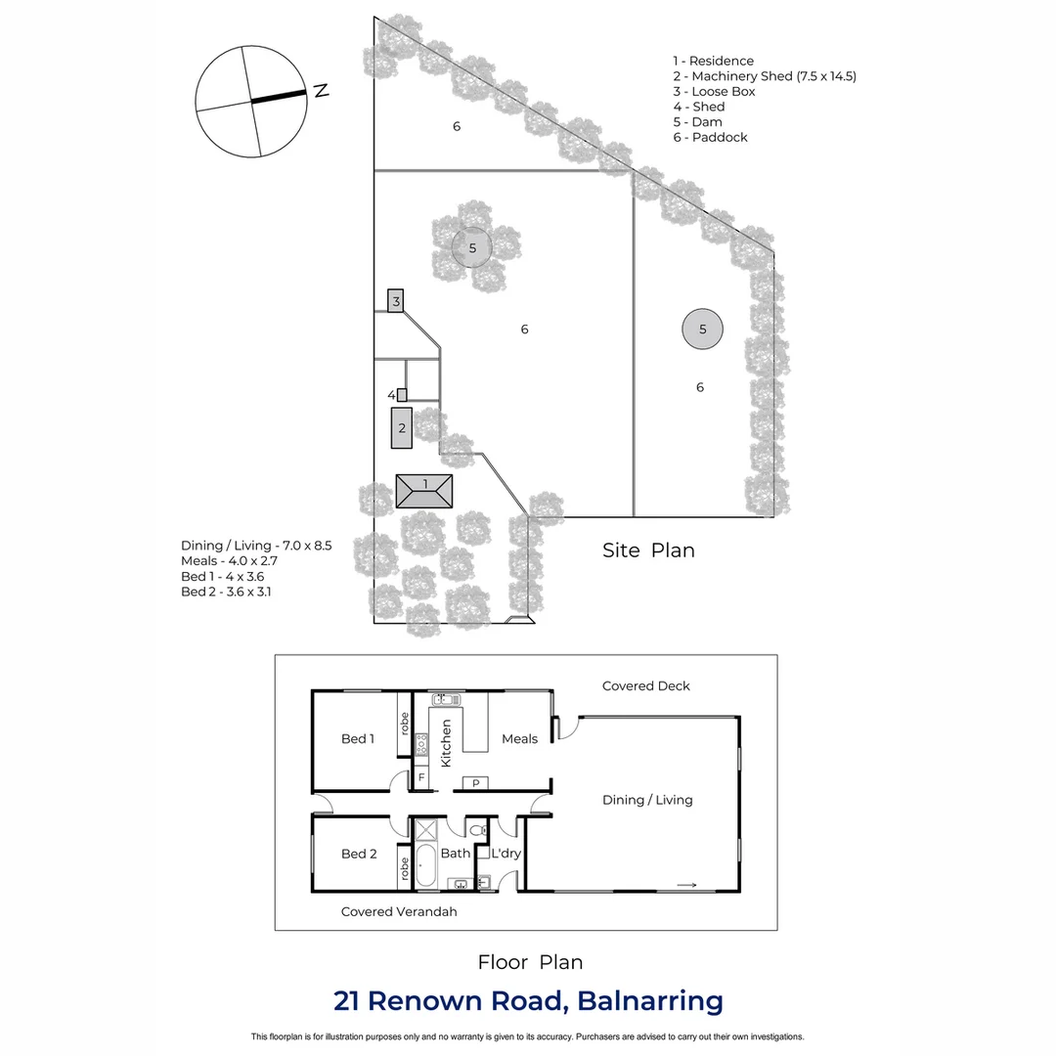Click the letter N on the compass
320,91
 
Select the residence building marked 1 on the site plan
424,491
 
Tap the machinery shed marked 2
402,428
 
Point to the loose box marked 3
396,300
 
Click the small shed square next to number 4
402,395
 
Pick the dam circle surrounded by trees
472,247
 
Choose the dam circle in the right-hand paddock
703,330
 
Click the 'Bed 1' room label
358,739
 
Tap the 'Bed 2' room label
359,854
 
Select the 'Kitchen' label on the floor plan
446,743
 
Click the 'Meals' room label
519,739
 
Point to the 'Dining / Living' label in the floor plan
647,800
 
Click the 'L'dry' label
506,854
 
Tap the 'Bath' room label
456,854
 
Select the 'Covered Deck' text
646,686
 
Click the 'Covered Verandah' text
399,911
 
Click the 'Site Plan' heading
648,550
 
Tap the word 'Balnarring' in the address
650,1001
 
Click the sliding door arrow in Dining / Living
686,886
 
